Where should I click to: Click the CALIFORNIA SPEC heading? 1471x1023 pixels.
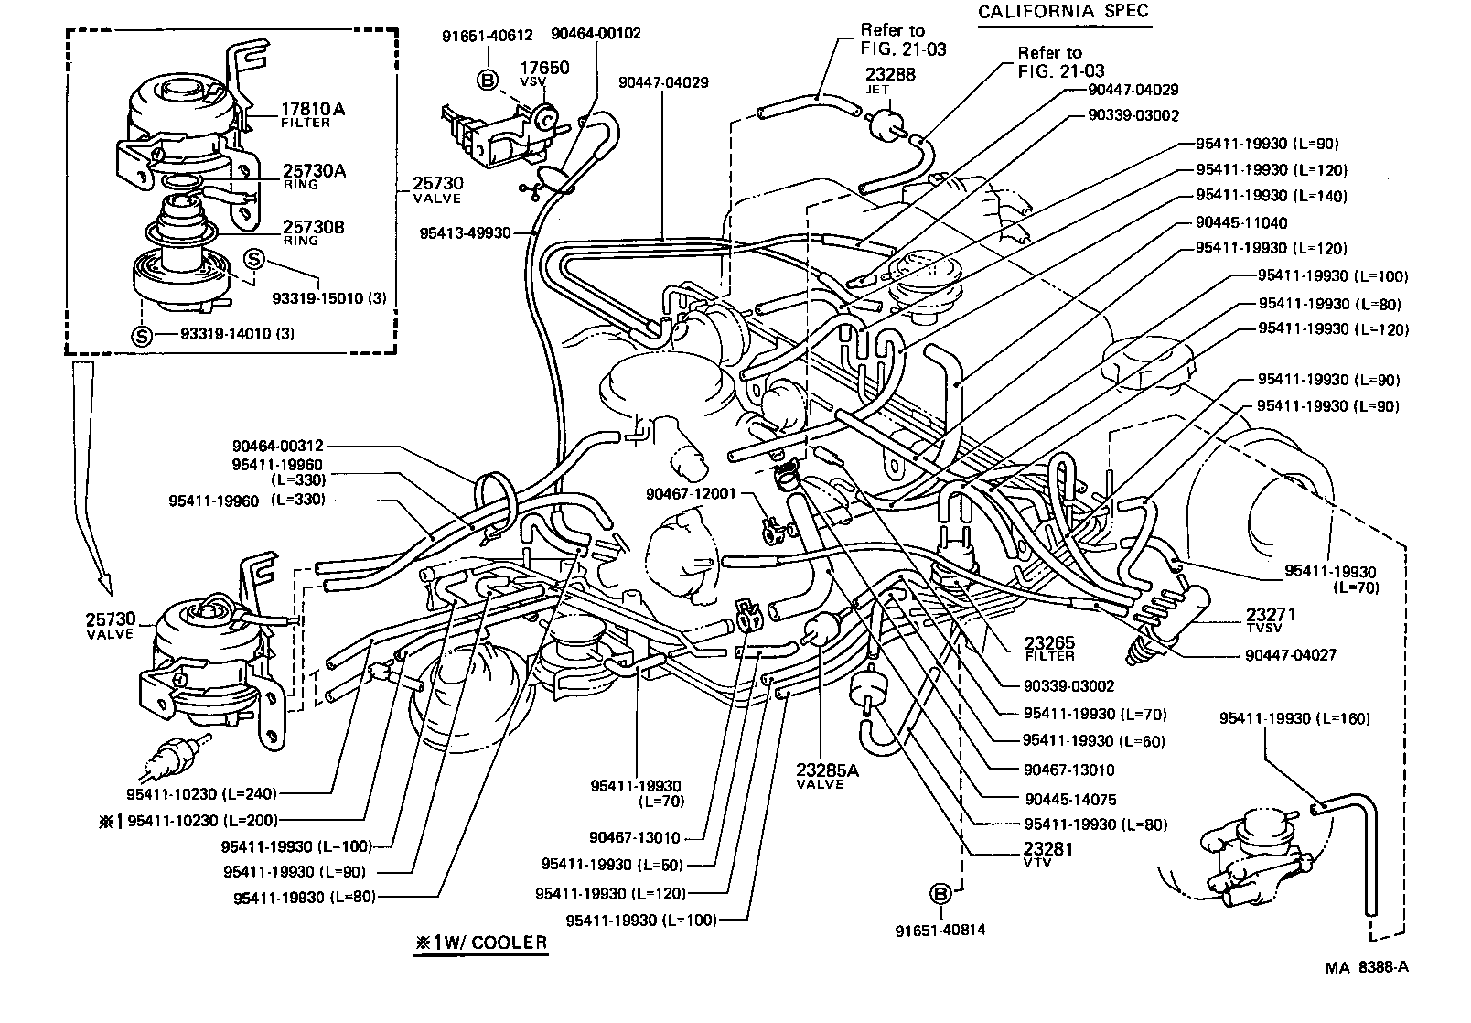(1063, 12)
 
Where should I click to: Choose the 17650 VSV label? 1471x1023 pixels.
(544, 72)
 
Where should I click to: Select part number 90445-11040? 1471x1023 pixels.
(1241, 222)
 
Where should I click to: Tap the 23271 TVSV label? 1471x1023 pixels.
(1270, 619)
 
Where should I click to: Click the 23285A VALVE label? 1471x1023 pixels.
(827, 775)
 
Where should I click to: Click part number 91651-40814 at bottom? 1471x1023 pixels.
(941, 931)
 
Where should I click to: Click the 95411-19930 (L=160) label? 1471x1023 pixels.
(1294, 719)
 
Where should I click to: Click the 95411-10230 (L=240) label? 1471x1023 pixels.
(202, 793)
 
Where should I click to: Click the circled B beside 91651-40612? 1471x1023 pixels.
(488, 81)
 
